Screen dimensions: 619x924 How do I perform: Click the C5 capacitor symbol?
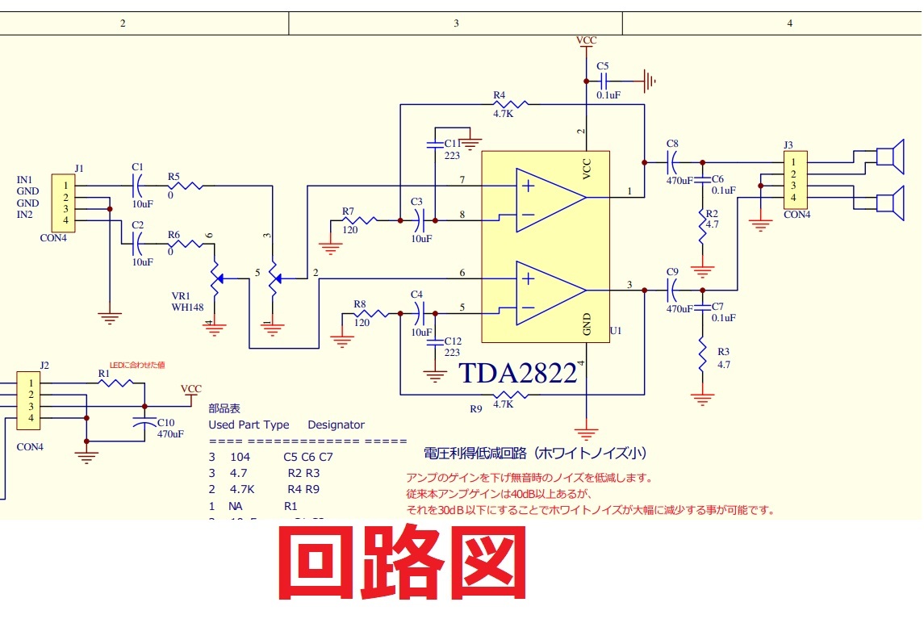604,81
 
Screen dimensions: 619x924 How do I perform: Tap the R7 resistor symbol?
359,220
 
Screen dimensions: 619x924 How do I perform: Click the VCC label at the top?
587,40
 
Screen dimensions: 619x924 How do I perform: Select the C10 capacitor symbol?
145,422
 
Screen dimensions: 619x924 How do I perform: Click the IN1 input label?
24,179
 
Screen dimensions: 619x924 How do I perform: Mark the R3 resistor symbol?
703,353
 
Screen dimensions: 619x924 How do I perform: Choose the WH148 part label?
187,307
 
